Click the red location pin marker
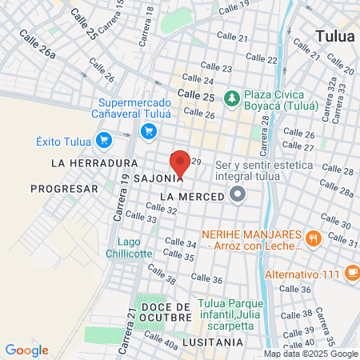click(180, 162)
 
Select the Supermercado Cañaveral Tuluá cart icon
click(147, 131)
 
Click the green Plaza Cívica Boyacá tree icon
click(232, 98)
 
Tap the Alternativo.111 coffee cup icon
click(353, 272)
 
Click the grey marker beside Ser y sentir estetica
click(238, 194)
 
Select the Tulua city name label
click(337, 36)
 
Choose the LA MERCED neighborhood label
click(192, 196)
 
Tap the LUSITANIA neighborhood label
click(211, 342)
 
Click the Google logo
click(26, 350)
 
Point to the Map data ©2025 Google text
click(311, 354)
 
